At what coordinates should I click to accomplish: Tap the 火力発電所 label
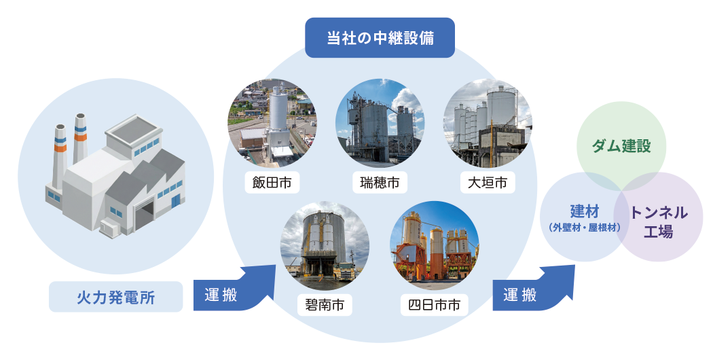pyautogui.click(x=116, y=297)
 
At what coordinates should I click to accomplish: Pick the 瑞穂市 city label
pyautogui.click(x=380, y=182)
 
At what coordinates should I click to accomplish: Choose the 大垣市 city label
pyautogui.click(x=487, y=182)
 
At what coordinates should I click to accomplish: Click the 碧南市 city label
pyautogui.click(x=325, y=305)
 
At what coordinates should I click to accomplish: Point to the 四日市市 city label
pyautogui.click(x=434, y=305)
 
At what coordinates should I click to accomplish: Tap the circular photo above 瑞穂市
pyautogui.click(x=380, y=123)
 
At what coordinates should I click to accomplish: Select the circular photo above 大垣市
pyautogui.click(x=487, y=123)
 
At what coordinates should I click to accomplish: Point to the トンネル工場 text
pyautogui.click(x=659, y=221)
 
